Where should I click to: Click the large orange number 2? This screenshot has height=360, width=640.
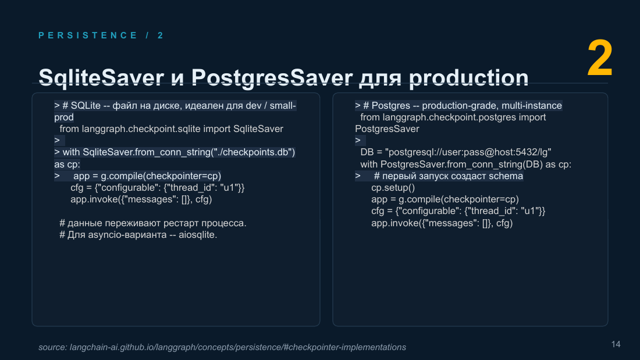click(600, 58)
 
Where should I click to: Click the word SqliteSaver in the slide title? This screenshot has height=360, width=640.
click(101, 77)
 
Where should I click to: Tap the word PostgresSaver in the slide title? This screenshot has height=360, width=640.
click(272, 77)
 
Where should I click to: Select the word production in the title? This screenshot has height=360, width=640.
click(468, 77)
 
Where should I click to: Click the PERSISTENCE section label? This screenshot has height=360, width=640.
click(88, 35)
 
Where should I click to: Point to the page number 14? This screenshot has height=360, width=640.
click(616, 344)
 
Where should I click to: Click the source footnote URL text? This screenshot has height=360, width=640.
click(222, 347)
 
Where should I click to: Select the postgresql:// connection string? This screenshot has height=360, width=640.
click(468, 152)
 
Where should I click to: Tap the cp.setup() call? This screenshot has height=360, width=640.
click(393, 188)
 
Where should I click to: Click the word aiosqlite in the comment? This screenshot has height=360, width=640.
click(198, 235)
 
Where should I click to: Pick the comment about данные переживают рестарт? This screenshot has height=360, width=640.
click(153, 223)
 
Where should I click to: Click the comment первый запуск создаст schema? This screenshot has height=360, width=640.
click(448, 176)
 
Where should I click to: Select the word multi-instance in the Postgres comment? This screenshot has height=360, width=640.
click(531, 106)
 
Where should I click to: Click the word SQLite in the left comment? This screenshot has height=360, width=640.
click(86, 106)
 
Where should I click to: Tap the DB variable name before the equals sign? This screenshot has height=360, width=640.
click(367, 152)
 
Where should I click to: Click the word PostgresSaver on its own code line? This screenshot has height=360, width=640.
click(387, 129)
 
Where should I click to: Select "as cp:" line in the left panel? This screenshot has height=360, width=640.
click(67, 165)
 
